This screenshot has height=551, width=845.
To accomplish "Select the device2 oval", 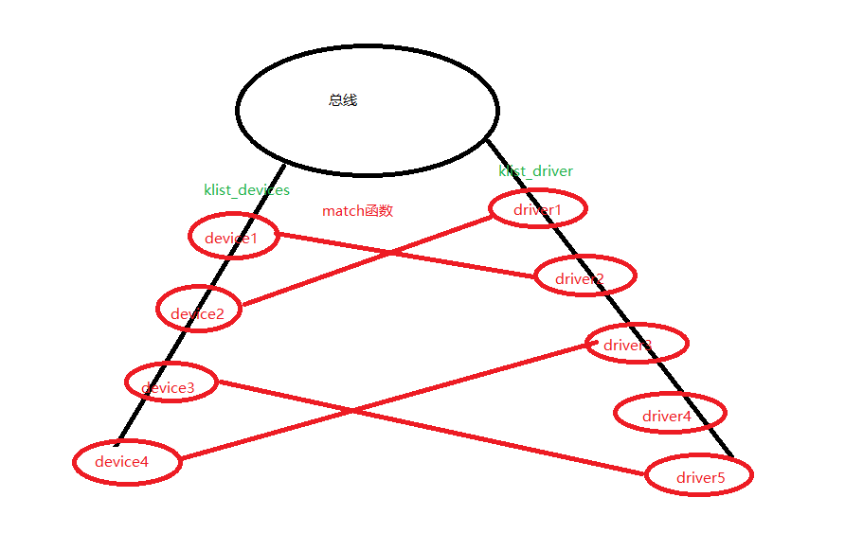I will [199, 309].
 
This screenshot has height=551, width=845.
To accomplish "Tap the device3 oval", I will [171, 382].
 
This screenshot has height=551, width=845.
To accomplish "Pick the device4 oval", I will [127, 462].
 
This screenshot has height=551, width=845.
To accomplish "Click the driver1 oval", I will [538, 208].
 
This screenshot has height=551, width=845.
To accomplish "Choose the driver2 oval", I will [584, 275].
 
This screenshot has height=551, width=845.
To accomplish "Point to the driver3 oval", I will [636, 343].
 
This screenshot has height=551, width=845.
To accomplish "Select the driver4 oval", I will [670, 413].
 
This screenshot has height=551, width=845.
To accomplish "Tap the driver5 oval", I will [699, 474].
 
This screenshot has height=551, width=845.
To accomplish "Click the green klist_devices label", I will [246, 190].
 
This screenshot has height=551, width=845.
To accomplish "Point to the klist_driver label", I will [535, 171].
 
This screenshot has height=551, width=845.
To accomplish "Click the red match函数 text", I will [357, 211].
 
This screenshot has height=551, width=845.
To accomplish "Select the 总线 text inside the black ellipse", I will [343, 100].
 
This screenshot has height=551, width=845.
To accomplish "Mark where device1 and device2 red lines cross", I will [388, 253].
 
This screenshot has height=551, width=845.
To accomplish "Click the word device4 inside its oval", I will [121, 462].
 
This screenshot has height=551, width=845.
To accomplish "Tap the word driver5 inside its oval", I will [700, 478].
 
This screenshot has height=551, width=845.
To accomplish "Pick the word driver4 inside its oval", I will [667, 417].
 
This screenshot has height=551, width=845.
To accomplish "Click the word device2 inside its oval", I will [197, 314].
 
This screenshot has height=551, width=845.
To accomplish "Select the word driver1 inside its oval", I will [537, 209].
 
